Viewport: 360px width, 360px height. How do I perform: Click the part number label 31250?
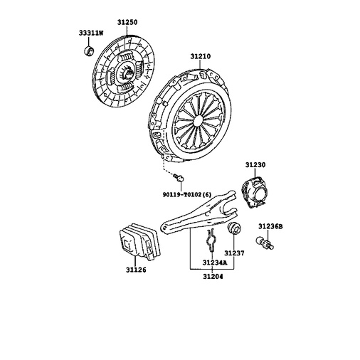(x=127, y=22)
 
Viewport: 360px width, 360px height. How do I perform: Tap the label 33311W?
(x=91, y=33)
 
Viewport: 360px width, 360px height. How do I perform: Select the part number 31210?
(x=201, y=56)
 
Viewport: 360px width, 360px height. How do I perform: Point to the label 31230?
(x=255, y=165)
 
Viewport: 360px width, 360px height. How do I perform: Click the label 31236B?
(x=270, y=226)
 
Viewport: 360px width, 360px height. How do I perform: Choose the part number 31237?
(x=234, y=253)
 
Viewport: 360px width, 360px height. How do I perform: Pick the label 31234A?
(x=215, y=263)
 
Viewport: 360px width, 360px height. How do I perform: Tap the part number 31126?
(x=136, y=270)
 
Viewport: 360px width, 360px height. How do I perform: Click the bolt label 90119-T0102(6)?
(x=186, y=195)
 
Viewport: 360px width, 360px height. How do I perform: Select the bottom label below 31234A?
(x=213, y=277)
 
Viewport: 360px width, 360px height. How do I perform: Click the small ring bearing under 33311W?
(x=89, y=51)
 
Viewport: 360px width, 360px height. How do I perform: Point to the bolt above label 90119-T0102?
(x=179, y=177)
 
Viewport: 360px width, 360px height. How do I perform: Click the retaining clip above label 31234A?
(x=211, y=240)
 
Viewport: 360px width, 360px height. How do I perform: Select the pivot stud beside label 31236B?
(x=265, y=243)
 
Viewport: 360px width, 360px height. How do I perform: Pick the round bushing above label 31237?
(x=234, y=228)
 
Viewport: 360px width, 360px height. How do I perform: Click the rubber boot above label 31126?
(x=139, y=242)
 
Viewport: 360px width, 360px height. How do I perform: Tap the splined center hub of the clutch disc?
(x=127, y=73)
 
